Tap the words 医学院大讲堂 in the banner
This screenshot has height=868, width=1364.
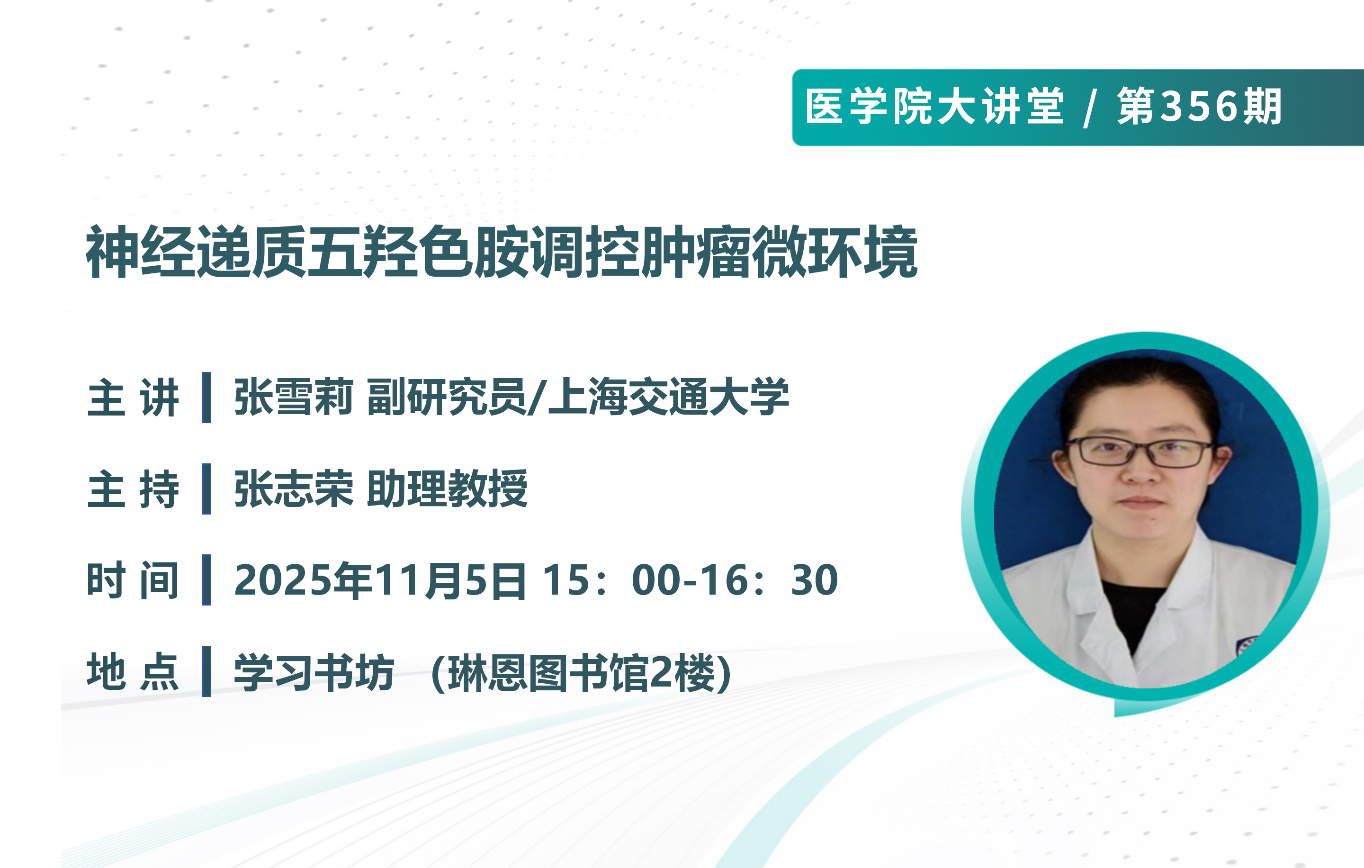934,107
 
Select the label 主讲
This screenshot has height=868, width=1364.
133,398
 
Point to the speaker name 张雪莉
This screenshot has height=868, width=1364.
294,397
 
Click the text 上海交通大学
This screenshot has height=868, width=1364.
668,397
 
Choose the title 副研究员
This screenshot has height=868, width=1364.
446,397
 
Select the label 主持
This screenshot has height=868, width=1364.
133,489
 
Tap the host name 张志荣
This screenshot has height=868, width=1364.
294,488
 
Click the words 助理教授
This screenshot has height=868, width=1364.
447,488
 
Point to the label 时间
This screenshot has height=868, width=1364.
133,580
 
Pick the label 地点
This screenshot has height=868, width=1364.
133,671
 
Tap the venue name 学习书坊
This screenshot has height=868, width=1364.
314,672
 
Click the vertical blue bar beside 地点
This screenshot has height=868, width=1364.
207,671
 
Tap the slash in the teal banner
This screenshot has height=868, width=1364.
1089,108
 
